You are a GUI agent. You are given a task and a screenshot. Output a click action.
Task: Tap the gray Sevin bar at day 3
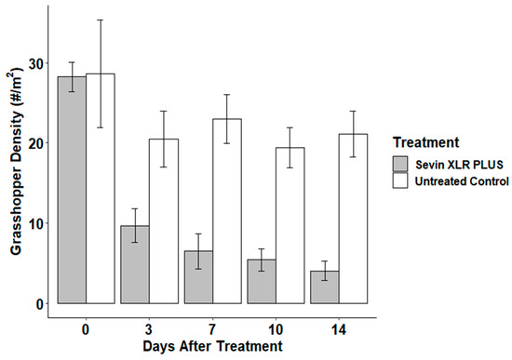pyautogui.click(x=135, y=264)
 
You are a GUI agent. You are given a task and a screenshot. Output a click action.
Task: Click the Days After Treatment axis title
pyautogui.click(x=212, y=346)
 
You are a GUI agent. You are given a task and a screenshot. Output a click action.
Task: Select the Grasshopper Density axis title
pyautogui.click(x=12, y=164)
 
